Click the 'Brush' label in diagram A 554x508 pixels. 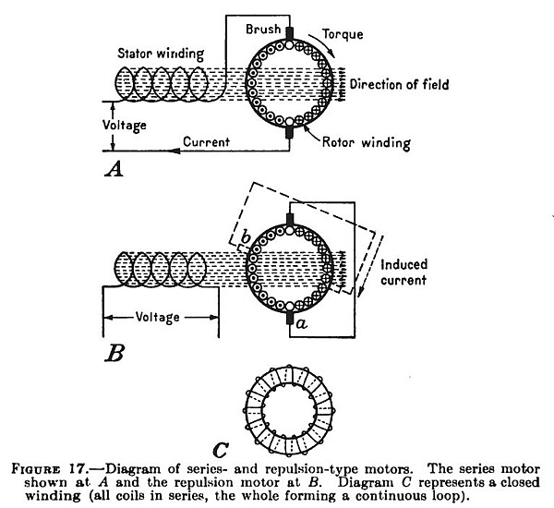[263, 30]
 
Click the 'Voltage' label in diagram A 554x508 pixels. [74, 122]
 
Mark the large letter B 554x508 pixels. [113, 352]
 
